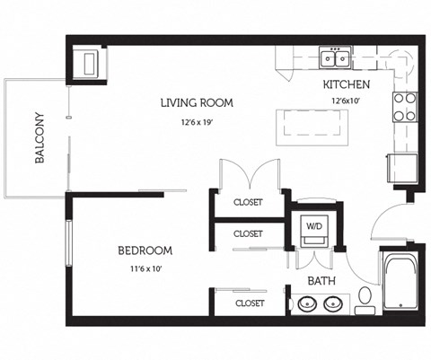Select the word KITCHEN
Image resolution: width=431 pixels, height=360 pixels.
[x=346, y=84]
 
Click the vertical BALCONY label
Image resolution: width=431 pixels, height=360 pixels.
[x=40, y=138]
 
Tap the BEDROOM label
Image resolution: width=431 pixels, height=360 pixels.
[x=145, y=250]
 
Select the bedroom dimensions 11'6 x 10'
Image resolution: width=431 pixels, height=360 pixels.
[x=145, y=268]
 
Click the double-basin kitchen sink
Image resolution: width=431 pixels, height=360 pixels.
[x=337, y=59]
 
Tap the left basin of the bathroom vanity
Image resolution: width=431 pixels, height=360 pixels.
[x=305, y=305]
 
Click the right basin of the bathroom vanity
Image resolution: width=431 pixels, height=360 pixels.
[x=332, y=305]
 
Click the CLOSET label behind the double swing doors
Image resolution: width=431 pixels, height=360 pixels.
[x=248, y=202]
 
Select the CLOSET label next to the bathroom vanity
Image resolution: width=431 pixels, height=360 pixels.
[x=249, y=303]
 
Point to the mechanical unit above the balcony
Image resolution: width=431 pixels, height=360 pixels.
[x=90, y=63]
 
